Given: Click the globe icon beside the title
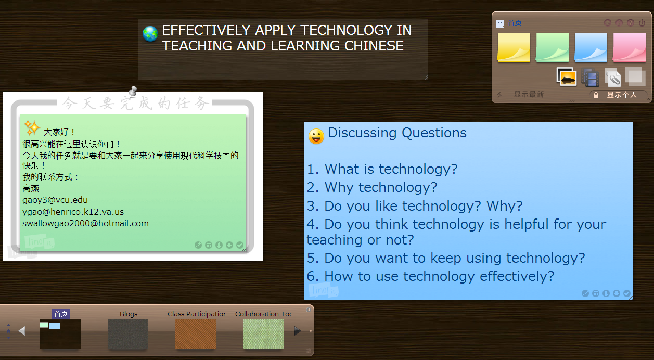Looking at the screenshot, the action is coord(150,34).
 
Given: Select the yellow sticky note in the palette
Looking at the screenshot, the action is coord(514,47).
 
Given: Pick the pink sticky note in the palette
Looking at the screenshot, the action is coord(629,47).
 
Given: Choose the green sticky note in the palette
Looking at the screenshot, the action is coord(552,47).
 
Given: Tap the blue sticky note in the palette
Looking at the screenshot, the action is coord(591,47).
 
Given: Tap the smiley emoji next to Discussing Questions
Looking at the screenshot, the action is coord(316,136).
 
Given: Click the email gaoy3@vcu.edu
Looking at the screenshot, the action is coord(55,200).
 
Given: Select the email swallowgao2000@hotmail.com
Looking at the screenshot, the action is coord(85,223).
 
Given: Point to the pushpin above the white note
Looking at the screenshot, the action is coord(133,92).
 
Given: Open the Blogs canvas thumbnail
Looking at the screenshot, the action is coord(128,334).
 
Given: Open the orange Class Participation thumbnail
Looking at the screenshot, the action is coord(195,334).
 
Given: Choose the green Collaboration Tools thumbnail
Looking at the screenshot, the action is coord(263,334).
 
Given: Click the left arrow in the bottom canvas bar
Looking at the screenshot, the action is coord(22,331).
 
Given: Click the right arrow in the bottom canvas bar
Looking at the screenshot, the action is coord(298,331).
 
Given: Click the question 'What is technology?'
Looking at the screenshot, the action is coord(382,169).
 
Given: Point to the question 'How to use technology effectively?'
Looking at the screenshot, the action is coord(431,276).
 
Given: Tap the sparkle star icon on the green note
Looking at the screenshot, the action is coord(32,127).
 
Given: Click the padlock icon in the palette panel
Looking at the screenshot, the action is coord(596,95).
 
